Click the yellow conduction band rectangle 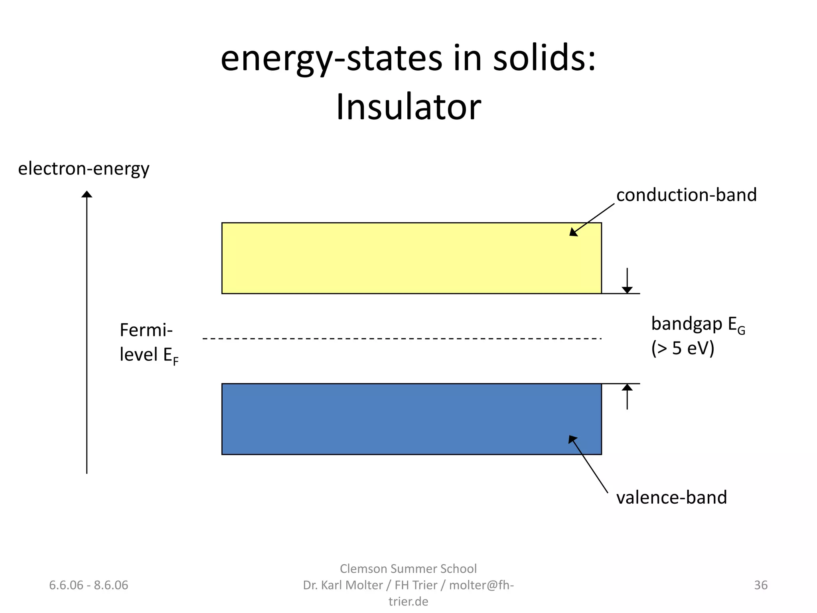pyautogui.click(x=411, y=258)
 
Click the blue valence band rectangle pyautogui.click(x=411, y=419)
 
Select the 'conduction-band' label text pyautogui.click(x=686, y=195)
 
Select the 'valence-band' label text pyautogui.click(x=671, y=498)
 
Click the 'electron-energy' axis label pyautogui.click(x=84, y=169)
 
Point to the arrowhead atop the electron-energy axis pyautogui.click(x=87, y=194)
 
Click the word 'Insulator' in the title pyautogui.click(x=408, y=107)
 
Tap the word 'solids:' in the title pyautogui.click(x=544, y=58)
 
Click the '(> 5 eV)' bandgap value pyautogui.click(x=683, y=348)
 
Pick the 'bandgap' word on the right pyautogui.click(x=686, y=324)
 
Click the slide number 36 pyautogui.click(x=760, y=585)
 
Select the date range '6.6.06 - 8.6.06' pyautogui.click(x=89, y=585)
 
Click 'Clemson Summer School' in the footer pyautogui.click(x=408, y=569)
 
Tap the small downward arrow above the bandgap pyautogui.click(x=627, y=282)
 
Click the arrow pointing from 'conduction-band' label pyautogui.click(x=592, y=219)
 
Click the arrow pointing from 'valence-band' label pyautogui.click(x=588, y=464)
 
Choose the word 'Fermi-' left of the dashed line pyautogui.click(x=146, y=330)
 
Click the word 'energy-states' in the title pyautogui.click(x=331, y=59)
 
